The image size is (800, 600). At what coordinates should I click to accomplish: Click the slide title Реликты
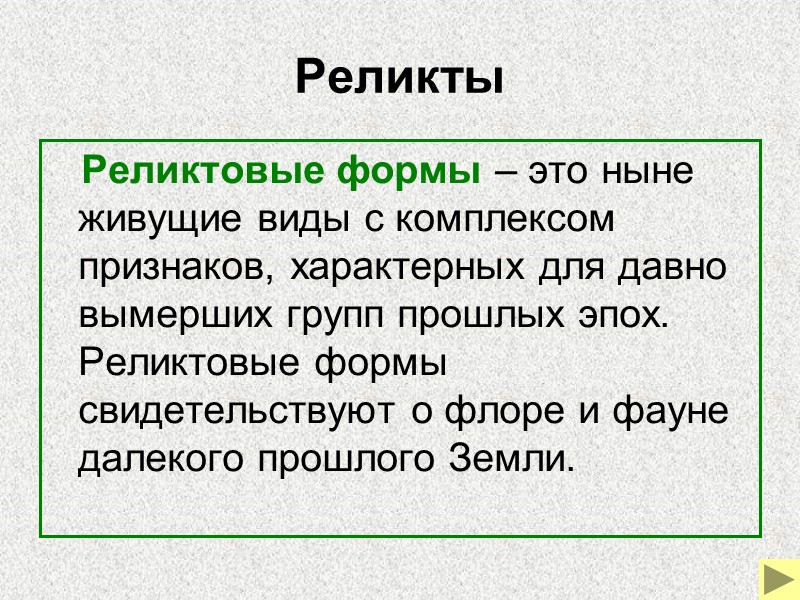point(399,78)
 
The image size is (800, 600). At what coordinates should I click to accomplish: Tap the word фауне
point(666,411)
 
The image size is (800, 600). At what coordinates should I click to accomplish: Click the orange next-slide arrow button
point(775,577)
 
